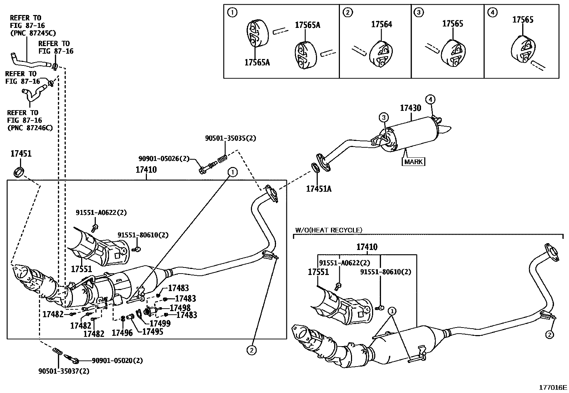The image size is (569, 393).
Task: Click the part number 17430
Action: [411, 108]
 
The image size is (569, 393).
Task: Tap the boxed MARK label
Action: [413, 162]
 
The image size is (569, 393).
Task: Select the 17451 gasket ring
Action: [19, 172]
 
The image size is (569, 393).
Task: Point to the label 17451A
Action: [319, 189]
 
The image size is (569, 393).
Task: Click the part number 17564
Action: [381, 24]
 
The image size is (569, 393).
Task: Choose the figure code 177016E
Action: [553, 387]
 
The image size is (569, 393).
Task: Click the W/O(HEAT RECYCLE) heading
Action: [329, 230]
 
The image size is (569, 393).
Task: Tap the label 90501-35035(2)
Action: [231, 138]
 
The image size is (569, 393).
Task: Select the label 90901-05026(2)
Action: [164, 159]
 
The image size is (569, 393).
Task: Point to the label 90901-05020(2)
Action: [117, 360]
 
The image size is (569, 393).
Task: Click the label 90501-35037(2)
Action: [64, 371]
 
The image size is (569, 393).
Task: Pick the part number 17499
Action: [160, 323]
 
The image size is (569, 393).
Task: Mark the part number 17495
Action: [153, 331]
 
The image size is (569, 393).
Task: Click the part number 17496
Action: [122, 333]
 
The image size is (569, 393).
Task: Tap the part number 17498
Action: [180, 308]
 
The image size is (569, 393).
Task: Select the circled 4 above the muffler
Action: [430, 99]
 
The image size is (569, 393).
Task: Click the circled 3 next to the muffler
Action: [384, 117]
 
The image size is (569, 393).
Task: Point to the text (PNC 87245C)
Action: [33, 33]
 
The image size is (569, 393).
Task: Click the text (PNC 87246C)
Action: [30, 128]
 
